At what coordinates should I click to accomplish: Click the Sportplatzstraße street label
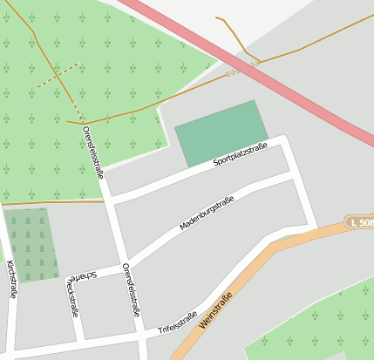240,155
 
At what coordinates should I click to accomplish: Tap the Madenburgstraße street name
207,214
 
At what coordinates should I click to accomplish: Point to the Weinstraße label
215,310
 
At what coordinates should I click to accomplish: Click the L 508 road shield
359,223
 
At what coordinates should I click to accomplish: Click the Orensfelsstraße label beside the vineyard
92,153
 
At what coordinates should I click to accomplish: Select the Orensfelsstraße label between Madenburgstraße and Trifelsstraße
132,289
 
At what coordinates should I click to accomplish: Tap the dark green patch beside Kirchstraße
31,244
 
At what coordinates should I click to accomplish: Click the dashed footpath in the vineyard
58,76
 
